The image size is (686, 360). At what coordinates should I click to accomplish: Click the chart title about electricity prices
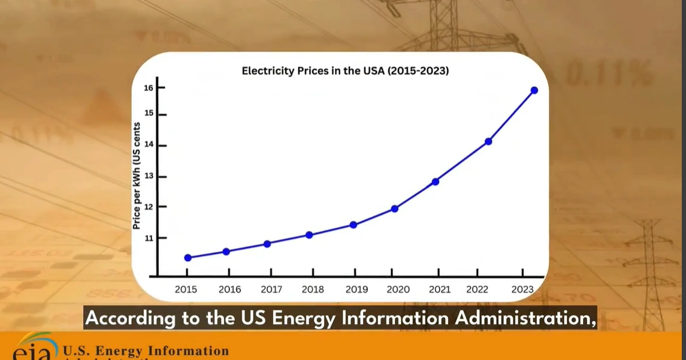345,71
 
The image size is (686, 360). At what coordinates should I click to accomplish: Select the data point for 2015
188,258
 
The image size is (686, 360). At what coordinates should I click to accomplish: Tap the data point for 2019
353,225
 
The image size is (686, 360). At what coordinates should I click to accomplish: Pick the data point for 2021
436,181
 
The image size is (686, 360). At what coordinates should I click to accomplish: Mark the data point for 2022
488,141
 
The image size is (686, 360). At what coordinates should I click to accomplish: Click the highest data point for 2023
534,90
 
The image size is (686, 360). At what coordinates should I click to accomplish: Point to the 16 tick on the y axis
148,88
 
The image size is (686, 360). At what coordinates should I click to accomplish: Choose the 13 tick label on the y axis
148,177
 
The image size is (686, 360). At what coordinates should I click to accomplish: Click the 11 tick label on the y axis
148,238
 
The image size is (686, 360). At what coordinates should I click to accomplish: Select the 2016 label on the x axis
229,289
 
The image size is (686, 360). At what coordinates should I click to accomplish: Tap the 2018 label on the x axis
313,289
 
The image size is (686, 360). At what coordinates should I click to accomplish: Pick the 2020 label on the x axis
398,289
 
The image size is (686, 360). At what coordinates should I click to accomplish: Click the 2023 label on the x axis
522,289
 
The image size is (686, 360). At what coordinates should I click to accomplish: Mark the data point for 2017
267,244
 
